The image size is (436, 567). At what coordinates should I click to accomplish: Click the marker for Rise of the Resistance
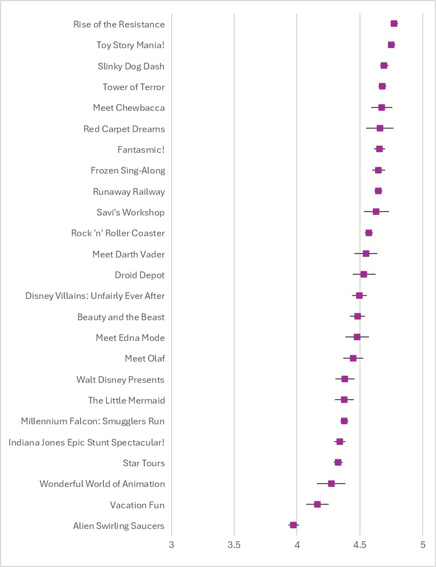point(394,24)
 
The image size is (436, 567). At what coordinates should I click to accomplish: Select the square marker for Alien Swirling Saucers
point(293,525)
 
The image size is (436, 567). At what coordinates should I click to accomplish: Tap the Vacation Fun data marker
point(317,504)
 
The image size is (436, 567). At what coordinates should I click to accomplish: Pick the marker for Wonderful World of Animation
point(331,484)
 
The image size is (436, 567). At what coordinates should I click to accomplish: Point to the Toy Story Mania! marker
point(391,45)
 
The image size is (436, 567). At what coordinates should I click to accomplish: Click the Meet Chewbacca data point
point(382,107)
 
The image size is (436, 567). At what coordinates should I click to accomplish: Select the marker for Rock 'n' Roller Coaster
point(369,233)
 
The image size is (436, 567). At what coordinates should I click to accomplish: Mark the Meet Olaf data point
point(353,358)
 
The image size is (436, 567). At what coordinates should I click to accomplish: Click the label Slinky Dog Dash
point(131,66)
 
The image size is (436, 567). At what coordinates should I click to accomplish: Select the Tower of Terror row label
point(134,87)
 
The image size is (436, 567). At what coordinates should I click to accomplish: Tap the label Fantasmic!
point(141,149)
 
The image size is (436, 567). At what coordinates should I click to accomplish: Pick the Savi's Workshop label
point(131,212)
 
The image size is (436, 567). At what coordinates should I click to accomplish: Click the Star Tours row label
point(144,463)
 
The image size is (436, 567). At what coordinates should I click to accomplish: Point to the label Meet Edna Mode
point(130,338)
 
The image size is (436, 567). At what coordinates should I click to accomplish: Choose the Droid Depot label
point(140,275)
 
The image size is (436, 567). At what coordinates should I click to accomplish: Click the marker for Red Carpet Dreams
point(380,128)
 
